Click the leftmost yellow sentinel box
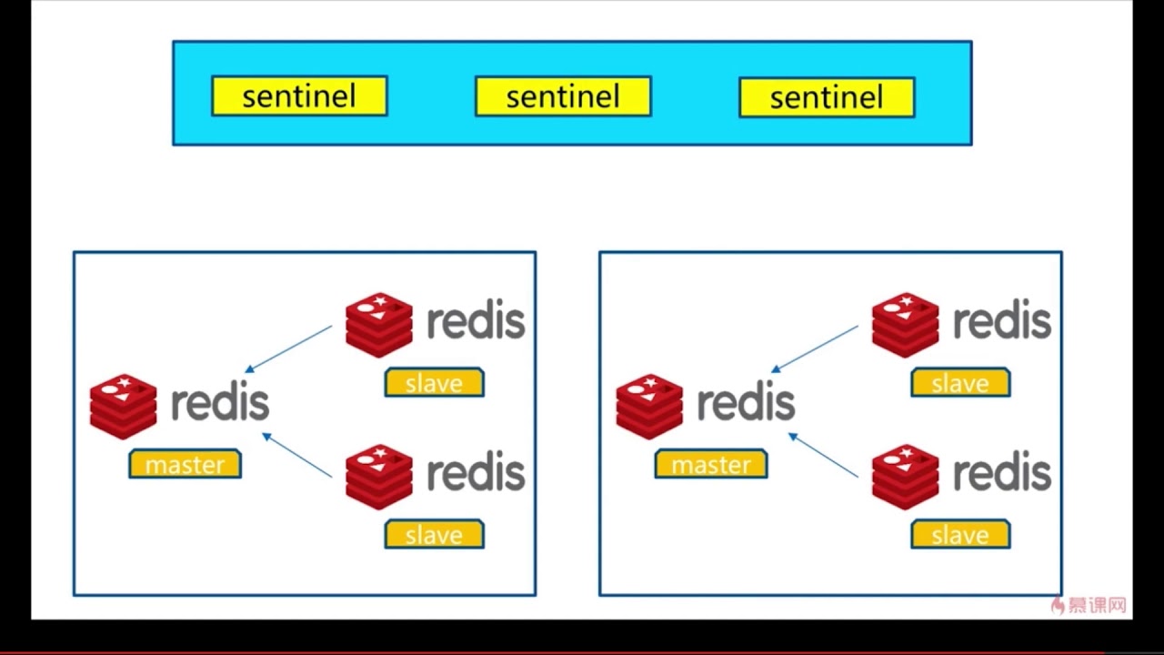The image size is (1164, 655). pos(299,96)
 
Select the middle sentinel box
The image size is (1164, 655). pos(563,96)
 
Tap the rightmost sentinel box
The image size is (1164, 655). pos(827,97)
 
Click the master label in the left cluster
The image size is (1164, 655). pos(185,464)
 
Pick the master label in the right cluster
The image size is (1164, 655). pos(711,464)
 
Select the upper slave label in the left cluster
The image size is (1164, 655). pos(434,383)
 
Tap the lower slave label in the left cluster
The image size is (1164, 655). pos(434,535)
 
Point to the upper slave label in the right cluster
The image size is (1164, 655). pos(960,383)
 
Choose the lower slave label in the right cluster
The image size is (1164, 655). pos(960,535)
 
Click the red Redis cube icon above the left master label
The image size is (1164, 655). pos(124,406)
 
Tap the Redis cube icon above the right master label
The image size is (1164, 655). pos(649,406)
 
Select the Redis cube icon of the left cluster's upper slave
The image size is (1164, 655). pos(379,325)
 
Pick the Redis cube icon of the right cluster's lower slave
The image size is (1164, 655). pos(905,477)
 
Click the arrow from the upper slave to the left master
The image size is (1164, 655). pos(289,349)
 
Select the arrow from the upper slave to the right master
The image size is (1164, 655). pos(815,349)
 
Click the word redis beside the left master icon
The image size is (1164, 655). pos(220,402)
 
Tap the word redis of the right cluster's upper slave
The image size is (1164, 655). pos(1002,321)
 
